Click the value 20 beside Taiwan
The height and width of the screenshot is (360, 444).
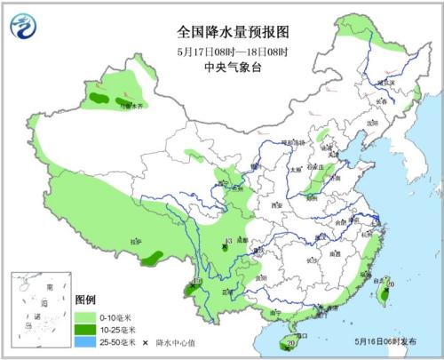tap(390, 284)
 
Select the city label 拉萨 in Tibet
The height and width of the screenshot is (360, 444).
tap(135, 242)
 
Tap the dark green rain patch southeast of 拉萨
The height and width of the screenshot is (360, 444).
tap(153, 257)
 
